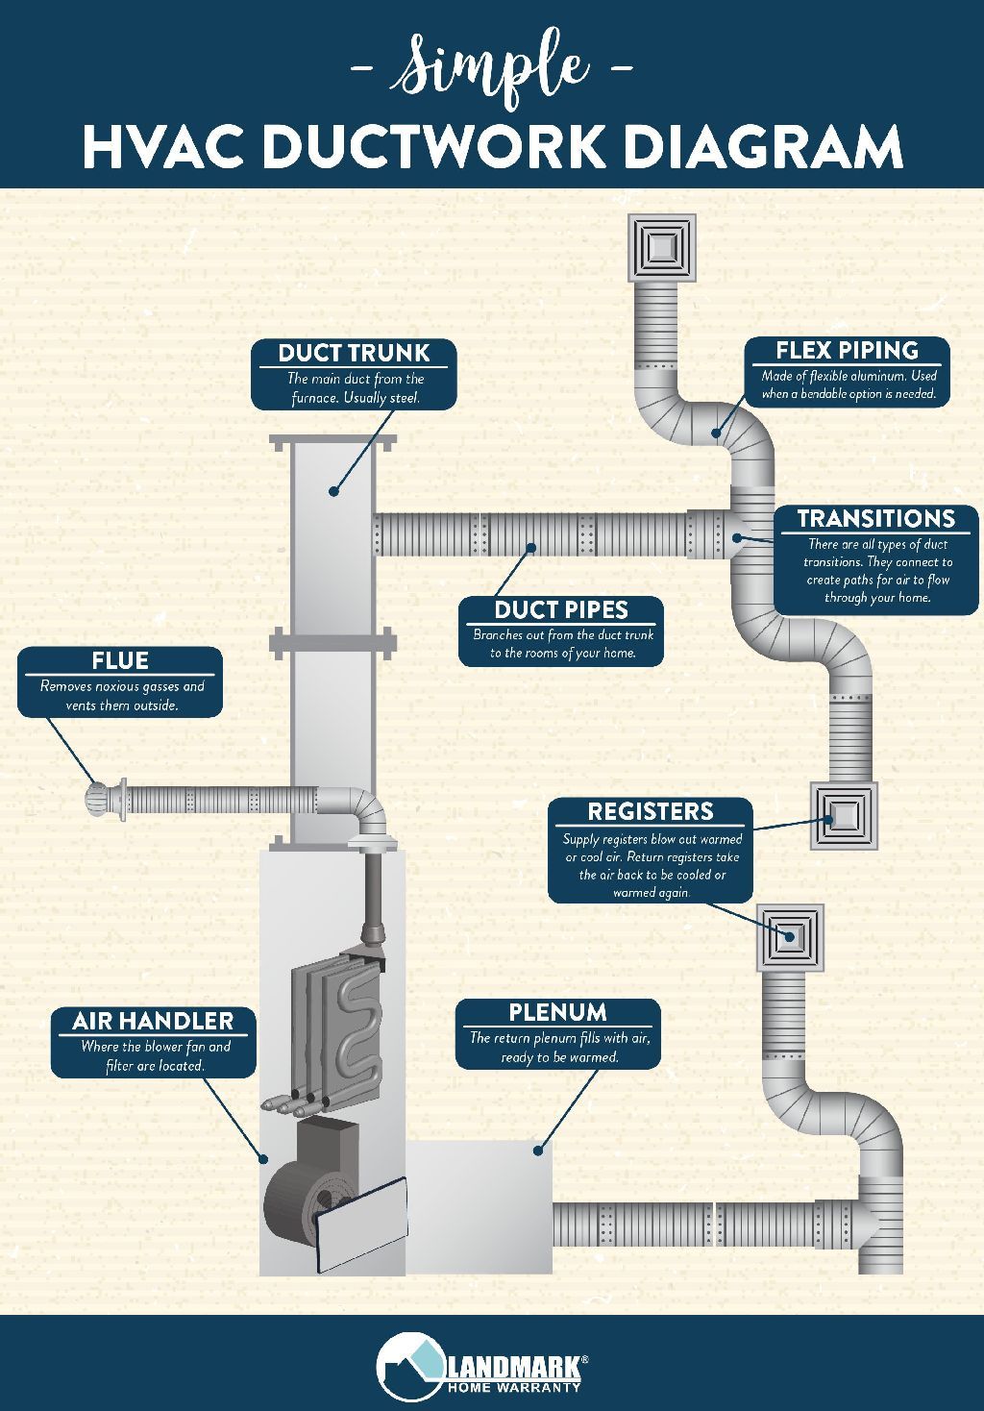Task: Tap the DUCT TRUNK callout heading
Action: point(354,353)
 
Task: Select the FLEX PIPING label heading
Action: point(847,350)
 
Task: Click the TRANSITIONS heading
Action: point(875,518)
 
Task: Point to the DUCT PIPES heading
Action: point(561,609)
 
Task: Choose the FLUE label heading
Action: point(120,660)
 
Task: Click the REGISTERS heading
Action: point(651,811)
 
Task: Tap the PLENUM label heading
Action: point(557,1012)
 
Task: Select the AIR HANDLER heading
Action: point(153,1021)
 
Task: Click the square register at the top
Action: point(661,247)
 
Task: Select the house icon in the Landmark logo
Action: point(408,1364)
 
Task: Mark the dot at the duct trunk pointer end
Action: point(334,491)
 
